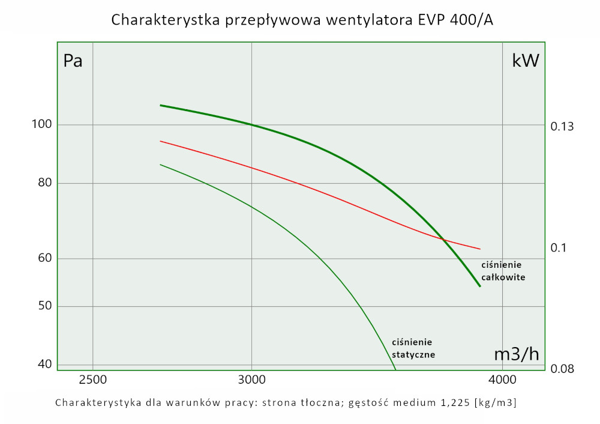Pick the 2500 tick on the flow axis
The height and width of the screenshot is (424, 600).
click(x=92, y=380)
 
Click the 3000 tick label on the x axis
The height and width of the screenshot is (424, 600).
click(x=251, y=380)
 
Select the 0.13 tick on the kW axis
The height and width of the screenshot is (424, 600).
click(x=562, y=127)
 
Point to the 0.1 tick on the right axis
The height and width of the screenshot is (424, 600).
click(x=559, y=248)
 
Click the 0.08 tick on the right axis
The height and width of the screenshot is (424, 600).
click(x=562, y=368)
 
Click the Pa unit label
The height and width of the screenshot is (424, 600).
click(x=73, y=61)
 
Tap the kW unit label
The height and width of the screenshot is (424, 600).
click(x=526, y=61)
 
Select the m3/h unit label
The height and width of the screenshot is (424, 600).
click(x=517, y=354)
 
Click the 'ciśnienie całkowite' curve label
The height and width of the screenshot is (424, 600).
click(x=503, y=271)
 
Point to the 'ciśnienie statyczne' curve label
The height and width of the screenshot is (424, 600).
click(x=413, y=348)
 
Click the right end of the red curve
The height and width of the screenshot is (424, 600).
click(x=481, y=249)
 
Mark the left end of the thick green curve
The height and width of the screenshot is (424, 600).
click(x=160, y=105)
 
